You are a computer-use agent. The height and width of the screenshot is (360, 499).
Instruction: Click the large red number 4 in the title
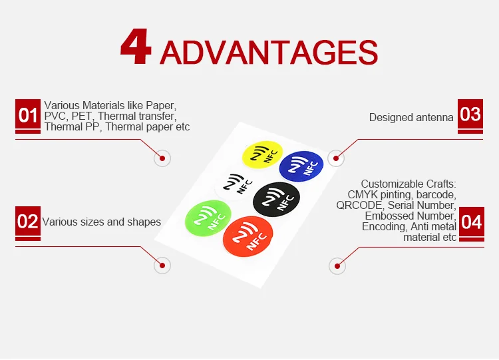tap(136, 48)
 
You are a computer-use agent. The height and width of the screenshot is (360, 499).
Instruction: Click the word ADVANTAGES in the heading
tap(269, 52)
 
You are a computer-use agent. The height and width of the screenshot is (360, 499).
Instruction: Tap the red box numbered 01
tap(28, 116)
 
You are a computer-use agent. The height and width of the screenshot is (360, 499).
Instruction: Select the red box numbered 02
tap(28, 221)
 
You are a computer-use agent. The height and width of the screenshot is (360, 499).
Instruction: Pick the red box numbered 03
tap(470, 114)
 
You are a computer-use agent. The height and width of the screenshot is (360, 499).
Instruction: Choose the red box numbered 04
tap(471, 221)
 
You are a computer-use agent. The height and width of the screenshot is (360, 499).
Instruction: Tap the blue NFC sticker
tap(301, 166)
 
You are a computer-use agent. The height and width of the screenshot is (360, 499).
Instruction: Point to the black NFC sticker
tap(277, 198)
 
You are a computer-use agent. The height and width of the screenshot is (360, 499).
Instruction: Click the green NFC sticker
tap(210, 217)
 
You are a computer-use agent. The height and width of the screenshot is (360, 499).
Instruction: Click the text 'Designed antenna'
tap(411, 117)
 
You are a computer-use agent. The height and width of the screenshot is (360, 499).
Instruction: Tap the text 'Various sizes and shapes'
tap(102, 222)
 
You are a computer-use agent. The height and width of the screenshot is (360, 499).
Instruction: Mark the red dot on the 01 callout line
tap(162, 158)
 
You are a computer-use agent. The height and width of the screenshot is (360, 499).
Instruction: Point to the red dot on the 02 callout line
tap(162, 266)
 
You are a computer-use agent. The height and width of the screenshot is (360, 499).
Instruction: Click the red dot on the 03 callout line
tap(337, 158)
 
